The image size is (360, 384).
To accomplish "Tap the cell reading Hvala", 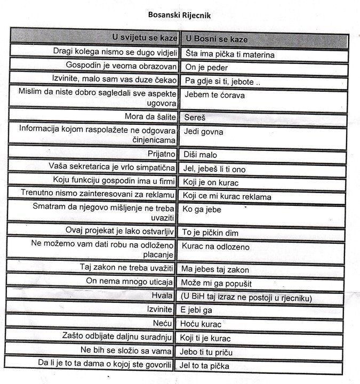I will coord(162,295).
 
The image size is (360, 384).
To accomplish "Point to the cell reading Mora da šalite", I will coord(148,115).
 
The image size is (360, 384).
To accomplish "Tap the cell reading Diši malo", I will coord(200,155).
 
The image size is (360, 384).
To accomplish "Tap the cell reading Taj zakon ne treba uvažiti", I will coord(126,267).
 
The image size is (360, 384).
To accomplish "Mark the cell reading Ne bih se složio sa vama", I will coord(126,350).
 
